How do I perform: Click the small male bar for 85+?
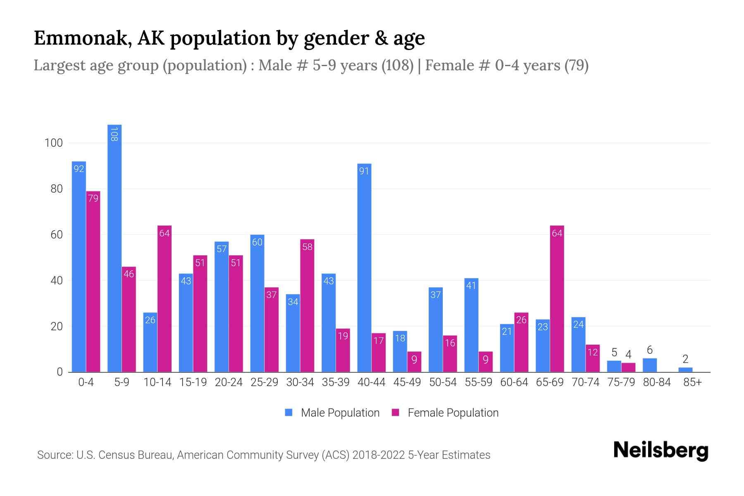685,370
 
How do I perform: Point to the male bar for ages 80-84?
650,365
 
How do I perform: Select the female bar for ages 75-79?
628,367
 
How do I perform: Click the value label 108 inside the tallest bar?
114,134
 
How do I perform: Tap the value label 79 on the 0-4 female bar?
93,198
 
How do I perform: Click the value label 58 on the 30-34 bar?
307,247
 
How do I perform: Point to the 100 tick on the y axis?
53,143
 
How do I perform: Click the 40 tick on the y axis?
56,281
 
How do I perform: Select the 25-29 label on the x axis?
264,382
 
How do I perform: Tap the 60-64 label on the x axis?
514,382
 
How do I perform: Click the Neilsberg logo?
661,451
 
